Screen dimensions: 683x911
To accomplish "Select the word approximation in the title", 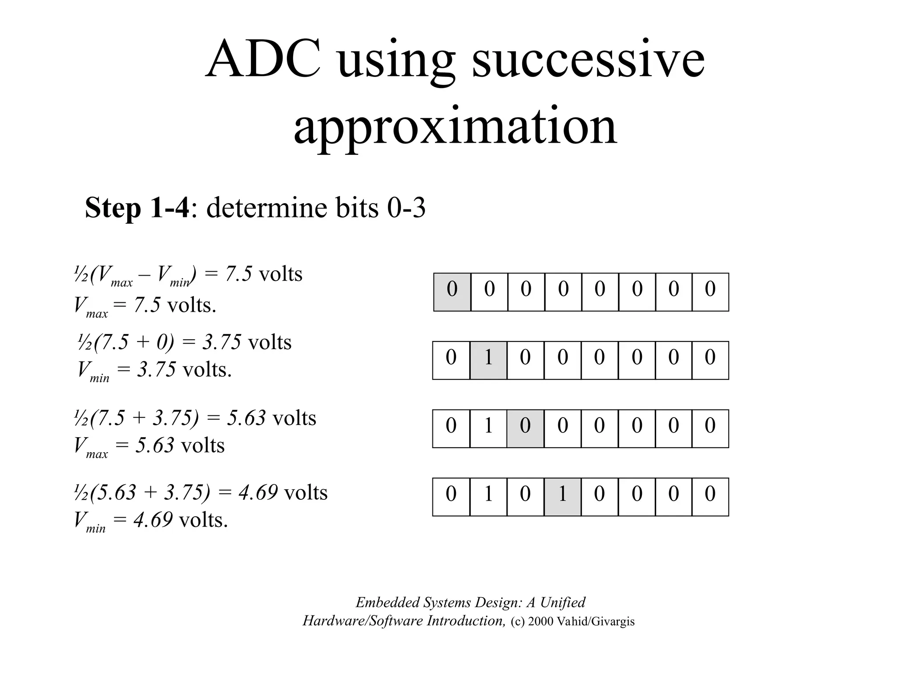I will pos(455,126).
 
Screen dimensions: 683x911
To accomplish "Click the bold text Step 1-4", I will pos(137,208).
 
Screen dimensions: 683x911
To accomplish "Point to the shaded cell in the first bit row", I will pos(452,292).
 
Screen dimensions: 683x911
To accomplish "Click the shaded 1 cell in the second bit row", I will pos(488,360).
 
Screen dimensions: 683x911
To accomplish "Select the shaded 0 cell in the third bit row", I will pos(525,428).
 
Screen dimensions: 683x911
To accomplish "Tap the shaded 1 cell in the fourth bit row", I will pos(562,497).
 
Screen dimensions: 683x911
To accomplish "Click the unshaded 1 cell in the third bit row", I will pos(488,428).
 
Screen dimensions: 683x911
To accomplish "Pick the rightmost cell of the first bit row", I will pos(710,292).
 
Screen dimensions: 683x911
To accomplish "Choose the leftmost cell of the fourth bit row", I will pos(451,497).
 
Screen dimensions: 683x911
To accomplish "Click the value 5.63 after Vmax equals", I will pos(155,445).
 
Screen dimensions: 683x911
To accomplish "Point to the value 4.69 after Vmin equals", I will pos(153,519).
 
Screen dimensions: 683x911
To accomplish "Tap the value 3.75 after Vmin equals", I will pos(157,370).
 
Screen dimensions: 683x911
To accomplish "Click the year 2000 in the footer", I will pos(541,621).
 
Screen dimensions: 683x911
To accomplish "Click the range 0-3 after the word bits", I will pos(406,208).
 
